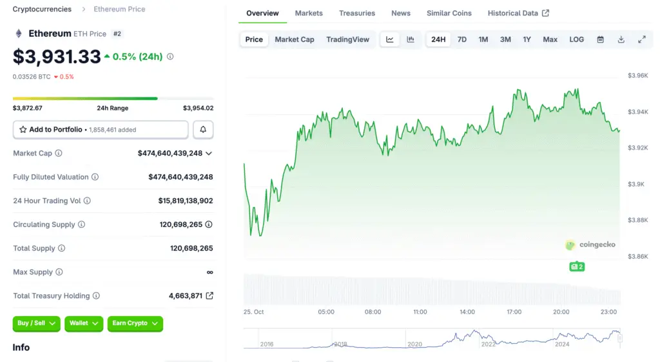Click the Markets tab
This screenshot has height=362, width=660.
click(309, 13)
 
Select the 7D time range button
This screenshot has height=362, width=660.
click(462, 39)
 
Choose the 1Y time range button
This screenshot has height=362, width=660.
click(527, 39)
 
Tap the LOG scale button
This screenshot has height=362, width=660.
click(576, 39)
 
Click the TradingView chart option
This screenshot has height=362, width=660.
click(347, 39)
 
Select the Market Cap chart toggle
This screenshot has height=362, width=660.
click(295, 39)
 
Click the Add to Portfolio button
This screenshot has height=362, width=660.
click(101, 130)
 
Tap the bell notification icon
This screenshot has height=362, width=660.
click(203, 130)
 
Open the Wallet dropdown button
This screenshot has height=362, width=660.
click(84, 323)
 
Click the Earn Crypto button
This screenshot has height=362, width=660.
click(135, 323)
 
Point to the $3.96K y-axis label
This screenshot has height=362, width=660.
click(638, 75)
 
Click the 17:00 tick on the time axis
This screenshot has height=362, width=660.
click(514, 312)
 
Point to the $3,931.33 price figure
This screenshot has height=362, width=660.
click(57, 57)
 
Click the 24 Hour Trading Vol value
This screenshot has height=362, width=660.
click(186, 201)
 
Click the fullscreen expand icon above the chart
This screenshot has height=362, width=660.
click(641, 39)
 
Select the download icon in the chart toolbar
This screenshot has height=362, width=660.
click(621, 39)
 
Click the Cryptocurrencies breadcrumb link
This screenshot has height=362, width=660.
click(43, 9)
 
